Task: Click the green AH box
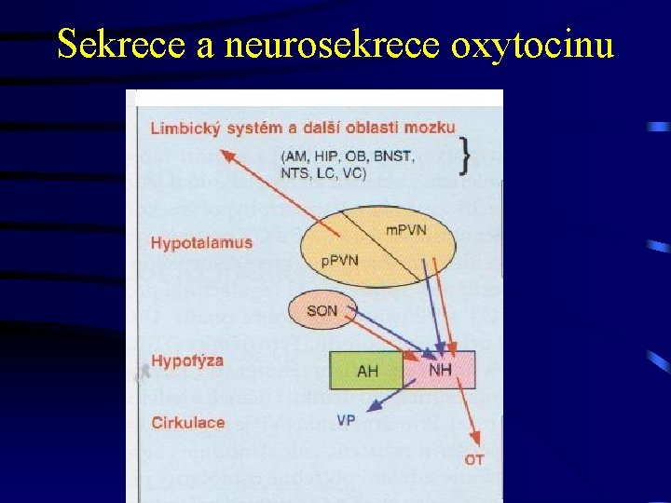367,370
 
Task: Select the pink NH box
440,370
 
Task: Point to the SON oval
322,310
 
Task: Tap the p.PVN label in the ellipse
339,260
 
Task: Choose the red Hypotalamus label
201,243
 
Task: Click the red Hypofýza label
187,360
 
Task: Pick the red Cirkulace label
188,422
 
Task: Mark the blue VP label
346,420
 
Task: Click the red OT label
474,459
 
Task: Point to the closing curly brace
466,156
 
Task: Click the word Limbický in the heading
185,128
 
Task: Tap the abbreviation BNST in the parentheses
394,156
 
